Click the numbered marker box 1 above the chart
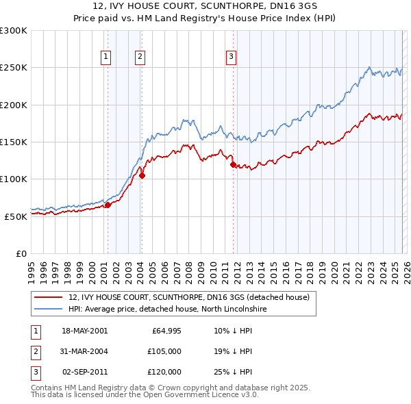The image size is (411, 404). click(x=107, y=57)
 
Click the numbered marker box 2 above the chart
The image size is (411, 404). click(x=140, y=57)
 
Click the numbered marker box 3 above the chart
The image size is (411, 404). click(x=232, y=57)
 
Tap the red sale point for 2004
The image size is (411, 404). click(x=142, y=175)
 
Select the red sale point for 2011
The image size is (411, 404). click(x=233, y=164)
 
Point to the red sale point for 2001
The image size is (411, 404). click(x=108, y=205)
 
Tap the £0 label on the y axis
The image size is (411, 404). click(x=21, y=253)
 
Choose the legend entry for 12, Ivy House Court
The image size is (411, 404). click(x=189, y=297)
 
